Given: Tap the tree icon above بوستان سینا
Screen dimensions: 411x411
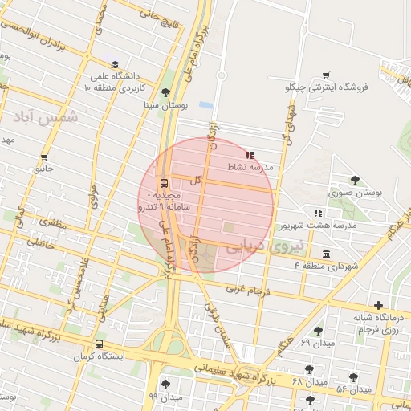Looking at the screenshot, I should click(x=165, y=92).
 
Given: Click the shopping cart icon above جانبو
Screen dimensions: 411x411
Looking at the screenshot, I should click(x=43, y=157).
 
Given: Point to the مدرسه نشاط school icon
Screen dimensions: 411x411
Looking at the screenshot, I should click(x=250, y=154).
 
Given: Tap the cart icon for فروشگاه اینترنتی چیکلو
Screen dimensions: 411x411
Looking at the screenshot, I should click(x=325, y=75).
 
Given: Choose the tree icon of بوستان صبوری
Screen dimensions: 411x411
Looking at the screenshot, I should click(x=355, y=180).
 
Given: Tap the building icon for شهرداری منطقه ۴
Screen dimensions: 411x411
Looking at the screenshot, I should click(x=325, y=254).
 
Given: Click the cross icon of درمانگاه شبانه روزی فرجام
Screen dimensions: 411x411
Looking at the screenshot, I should click(x=378, y=305).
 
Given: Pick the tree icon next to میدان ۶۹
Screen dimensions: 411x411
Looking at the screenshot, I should click(x=318, y=331).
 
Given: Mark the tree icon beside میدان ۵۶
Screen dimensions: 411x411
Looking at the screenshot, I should click(x=353, y=376).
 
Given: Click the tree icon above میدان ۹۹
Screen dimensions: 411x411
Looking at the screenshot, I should click(x=165, y=384).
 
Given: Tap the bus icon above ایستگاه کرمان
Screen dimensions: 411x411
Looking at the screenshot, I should click(x=99, y=344).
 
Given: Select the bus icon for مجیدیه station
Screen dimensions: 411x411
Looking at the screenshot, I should click(x=164, y=182).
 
